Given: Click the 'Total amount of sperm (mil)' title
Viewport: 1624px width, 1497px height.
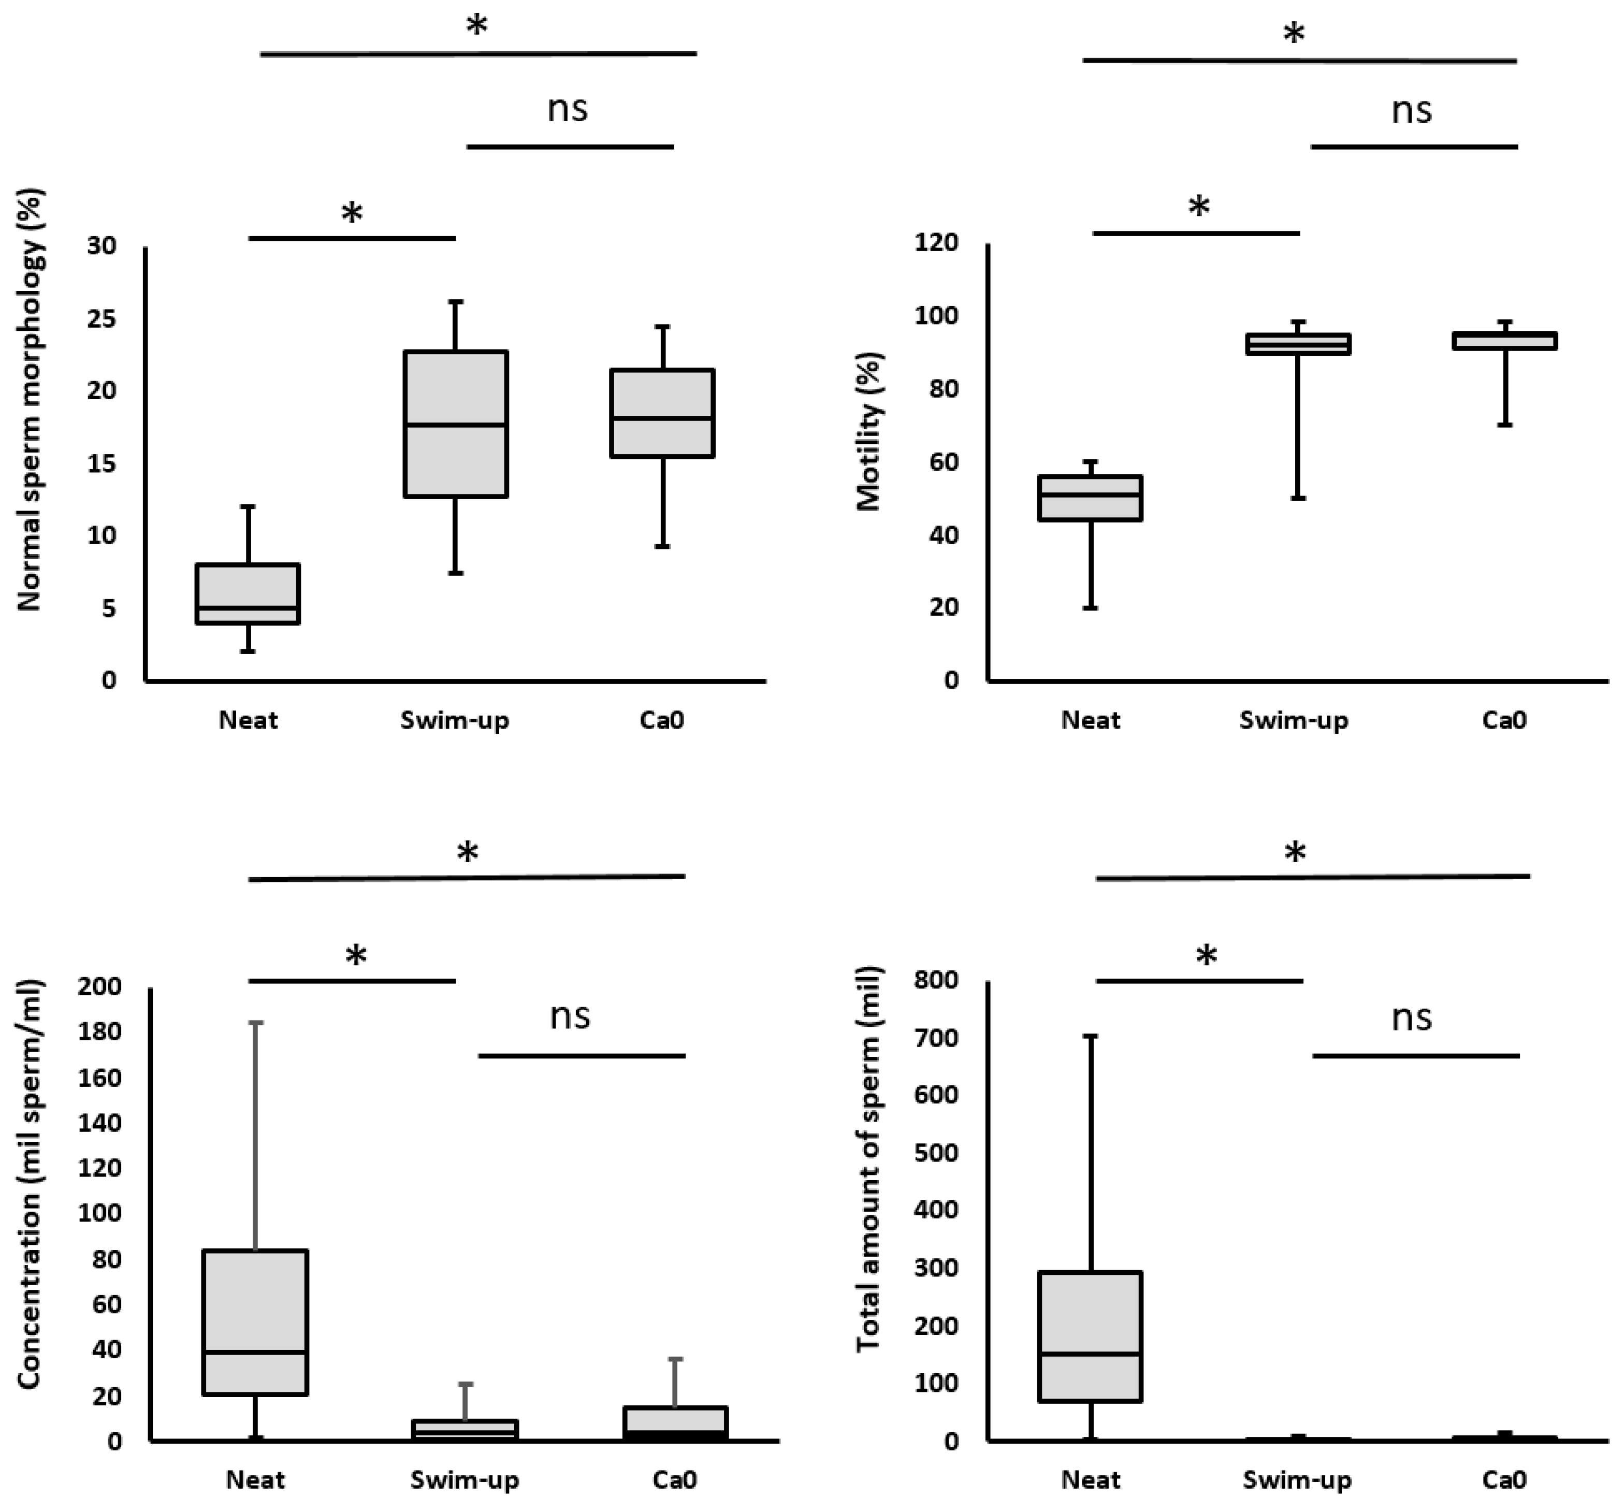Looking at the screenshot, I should click(868, 1158).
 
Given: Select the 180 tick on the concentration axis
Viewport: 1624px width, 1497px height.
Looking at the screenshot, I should click(99, 1032).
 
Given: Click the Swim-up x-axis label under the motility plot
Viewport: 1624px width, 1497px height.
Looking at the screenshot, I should click(1294, 720).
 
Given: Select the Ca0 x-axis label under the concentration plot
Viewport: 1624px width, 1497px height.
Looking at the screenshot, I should click(675, 1480).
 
